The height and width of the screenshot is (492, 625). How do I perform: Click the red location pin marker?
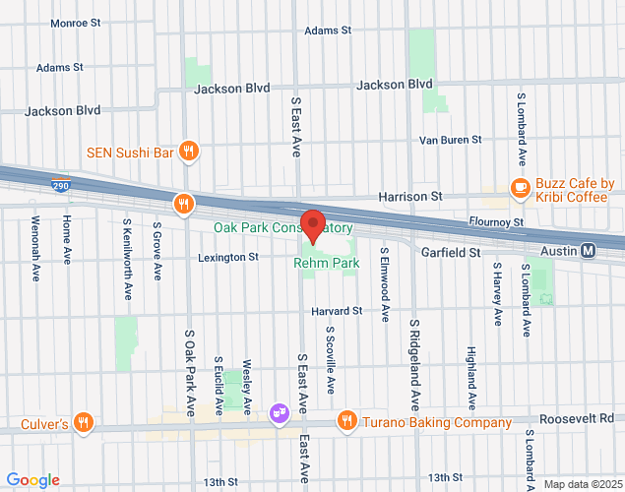click(x=313, y=225)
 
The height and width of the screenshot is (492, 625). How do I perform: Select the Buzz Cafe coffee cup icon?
click(x=519, y=186)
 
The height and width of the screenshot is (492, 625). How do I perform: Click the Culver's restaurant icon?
click(x=85, y=424)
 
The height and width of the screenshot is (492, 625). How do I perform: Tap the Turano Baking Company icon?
click(x=346, y=422)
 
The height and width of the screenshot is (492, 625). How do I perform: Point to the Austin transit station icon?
click(x=589, y=251)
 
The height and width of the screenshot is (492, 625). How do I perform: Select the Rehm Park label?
click(x=326, y=263)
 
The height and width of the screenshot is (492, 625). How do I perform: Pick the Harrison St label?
click(x=410, y=197)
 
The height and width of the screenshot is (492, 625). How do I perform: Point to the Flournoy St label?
click(x=496, y=223)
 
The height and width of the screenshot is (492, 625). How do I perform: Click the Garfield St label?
click(x=450, y=252)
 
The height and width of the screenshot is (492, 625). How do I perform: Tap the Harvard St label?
click(x=337, y=311)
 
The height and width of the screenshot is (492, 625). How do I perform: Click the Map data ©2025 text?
click(x=580, y=484)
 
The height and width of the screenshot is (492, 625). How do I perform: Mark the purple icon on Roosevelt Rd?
click(x=280, y=411)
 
